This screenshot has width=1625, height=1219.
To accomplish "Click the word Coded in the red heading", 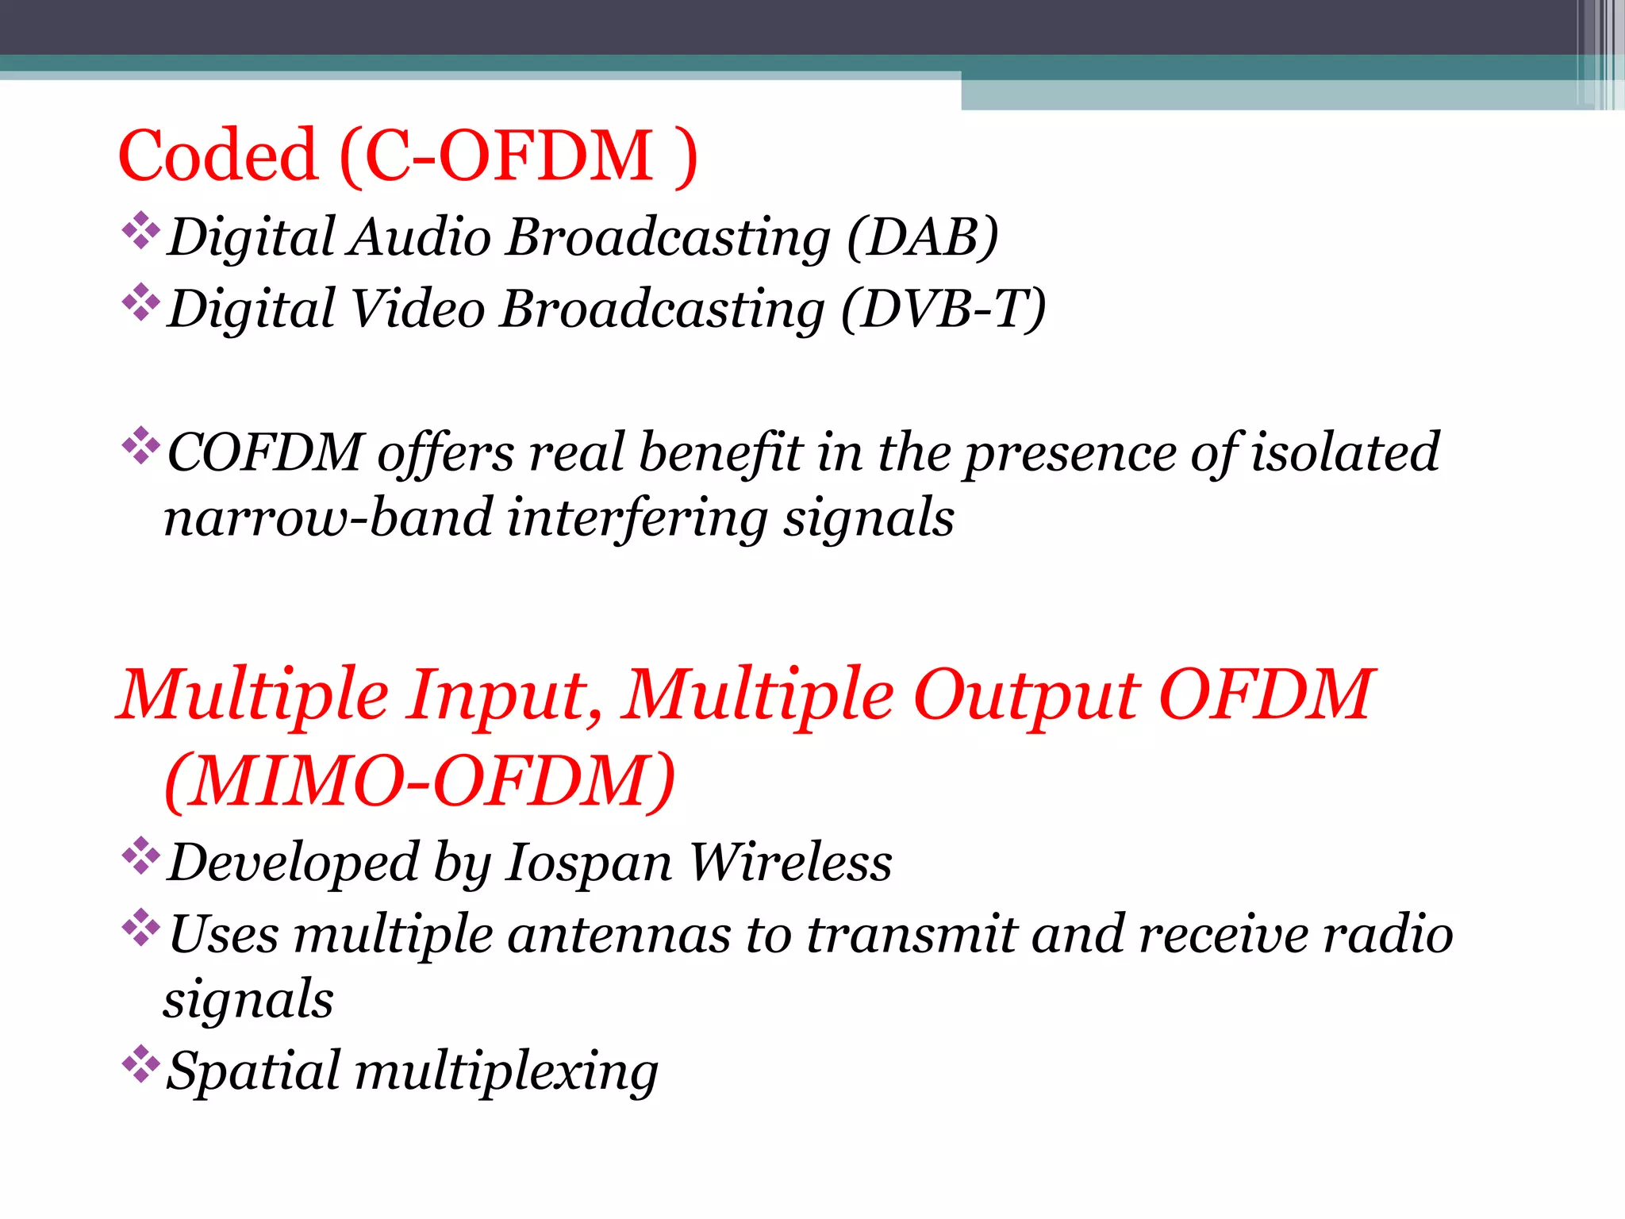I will [218, 156].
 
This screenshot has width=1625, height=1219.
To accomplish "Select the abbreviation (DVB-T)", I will [943, 309].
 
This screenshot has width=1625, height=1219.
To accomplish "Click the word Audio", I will [420, 237].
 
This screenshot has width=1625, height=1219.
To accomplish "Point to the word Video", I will [417, 309].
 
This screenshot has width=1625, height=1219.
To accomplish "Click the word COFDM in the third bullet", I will [265, 453].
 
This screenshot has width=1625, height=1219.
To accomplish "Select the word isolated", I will [1345, 453].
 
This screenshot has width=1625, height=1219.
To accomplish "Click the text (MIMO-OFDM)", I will [420, 783].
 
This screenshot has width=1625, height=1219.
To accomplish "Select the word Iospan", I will [588, 863].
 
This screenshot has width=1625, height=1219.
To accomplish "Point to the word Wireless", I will [790, 862].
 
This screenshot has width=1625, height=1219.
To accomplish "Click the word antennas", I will [619, 935].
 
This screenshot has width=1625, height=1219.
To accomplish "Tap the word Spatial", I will [253, 1072].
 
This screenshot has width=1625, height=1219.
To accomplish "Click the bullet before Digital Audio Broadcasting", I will [140, 231].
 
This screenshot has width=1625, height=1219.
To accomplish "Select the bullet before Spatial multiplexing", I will [140, 1064].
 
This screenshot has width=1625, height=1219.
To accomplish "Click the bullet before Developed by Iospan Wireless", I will [140, 856].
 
